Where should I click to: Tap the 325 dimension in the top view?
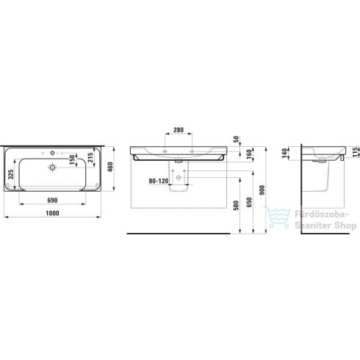tap(11, 173)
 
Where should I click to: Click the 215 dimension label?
tap(90, 159)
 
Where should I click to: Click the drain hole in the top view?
tap(52, 168)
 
